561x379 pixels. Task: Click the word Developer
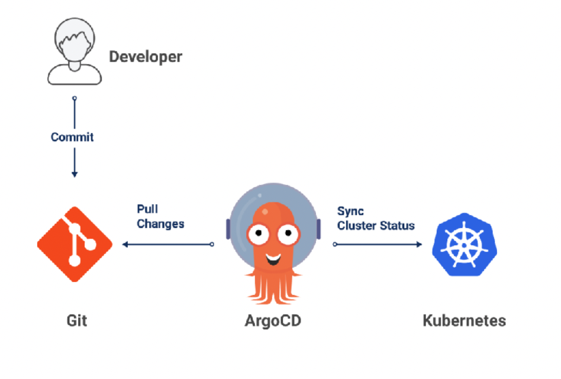tap(146, 57)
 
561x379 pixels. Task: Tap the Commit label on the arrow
tap(72, 137)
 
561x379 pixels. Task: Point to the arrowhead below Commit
tap(74, 174)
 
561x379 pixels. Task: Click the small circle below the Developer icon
tap(74, 98)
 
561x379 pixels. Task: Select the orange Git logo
tap(75, 244)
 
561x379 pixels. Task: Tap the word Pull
tap(147, 209)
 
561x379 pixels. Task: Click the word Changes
tap(160, 224)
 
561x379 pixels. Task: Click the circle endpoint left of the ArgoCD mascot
tap(212, 244)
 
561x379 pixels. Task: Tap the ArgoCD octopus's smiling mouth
tap(273, 258)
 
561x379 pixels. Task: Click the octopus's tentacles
tap(273, 287)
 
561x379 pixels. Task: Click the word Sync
tap(350, 211)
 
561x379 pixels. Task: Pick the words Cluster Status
tap(376, 226)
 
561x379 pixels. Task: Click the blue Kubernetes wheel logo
tap(465, 244)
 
